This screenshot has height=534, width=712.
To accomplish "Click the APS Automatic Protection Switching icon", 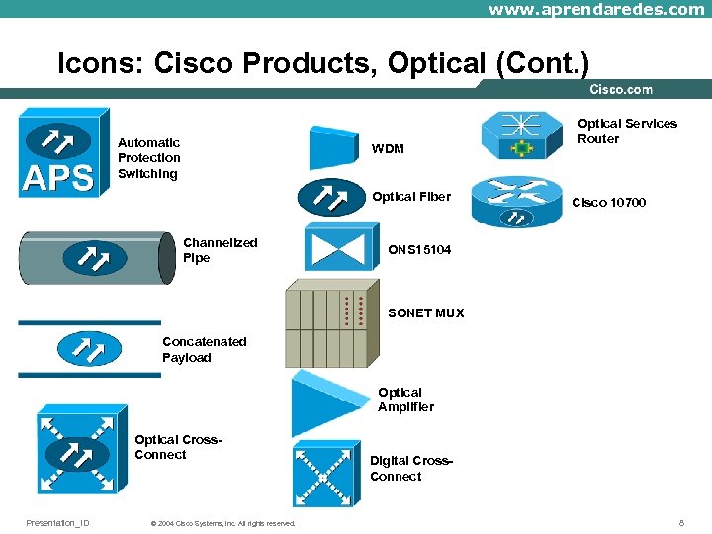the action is (63, 152).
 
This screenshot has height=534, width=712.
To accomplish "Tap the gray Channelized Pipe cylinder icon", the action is (97, 258).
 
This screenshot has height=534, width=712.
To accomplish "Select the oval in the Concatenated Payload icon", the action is (89, 349).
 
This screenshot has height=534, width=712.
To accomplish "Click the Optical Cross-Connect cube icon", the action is (82, 449).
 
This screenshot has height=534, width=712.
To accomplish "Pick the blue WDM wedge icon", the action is (334, 148).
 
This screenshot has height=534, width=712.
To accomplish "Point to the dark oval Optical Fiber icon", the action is (331, 197).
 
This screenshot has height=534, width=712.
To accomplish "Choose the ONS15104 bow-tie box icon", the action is (341, 246).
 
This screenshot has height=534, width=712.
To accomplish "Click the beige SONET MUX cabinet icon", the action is (332, 323).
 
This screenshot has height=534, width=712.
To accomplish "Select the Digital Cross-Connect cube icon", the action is (326, 474).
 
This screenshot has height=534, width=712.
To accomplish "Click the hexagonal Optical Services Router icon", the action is (522, 135).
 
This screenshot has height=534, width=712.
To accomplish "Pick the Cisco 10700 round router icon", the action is (517, 202).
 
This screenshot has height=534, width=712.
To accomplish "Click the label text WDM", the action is (388, 149).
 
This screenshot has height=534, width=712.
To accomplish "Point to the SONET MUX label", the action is (426, 312).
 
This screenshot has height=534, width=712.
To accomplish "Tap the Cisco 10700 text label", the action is (608, 202).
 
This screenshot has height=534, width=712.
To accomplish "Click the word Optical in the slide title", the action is (436, 62).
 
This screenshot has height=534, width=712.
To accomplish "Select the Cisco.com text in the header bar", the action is (621, 89).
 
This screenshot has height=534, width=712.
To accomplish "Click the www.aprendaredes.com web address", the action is (596, 9).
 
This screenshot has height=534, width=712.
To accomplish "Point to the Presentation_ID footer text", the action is (57, 523).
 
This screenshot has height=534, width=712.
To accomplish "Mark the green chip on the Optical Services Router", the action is (522, 148).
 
